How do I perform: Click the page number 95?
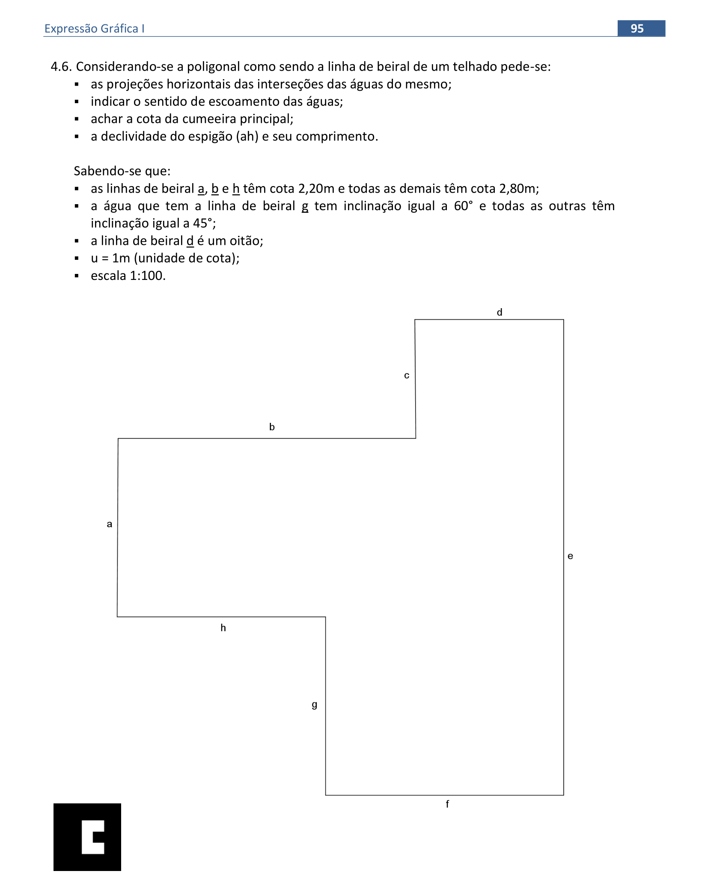pyautogui.click(x=637, y=29)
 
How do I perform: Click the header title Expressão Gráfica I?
pyautogui.click(x=94, y=29)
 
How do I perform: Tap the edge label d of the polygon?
pyautogui.click(x=499, y=312)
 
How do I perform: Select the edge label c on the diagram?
pyautogui.click(x=407, y=376)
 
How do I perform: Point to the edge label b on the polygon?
pyautogui.click(x=272, y=427)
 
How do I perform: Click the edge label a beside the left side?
pyautogui.click(x=110, y=524)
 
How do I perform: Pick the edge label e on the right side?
pyautogui.click(x=570, y=556)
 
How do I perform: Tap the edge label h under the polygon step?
pyautogui.click(x=223, y=628)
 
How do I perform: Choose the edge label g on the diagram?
pyautogui.click(x=315, y=705)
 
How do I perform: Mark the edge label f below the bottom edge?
pyautogui.click(x=447, y=804)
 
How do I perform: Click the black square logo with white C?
pyautogui.click(x=87, y=837)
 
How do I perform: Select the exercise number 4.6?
pyautogui.click(x=61, y=67)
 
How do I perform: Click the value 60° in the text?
pyautogui.click(x=464, y=206)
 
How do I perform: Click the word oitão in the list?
pyautogui.click(x=246, y=241)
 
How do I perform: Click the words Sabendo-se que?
pyautogui.click(x=122, y=171)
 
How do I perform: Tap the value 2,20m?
pyautogui.click(x=316, y=189)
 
